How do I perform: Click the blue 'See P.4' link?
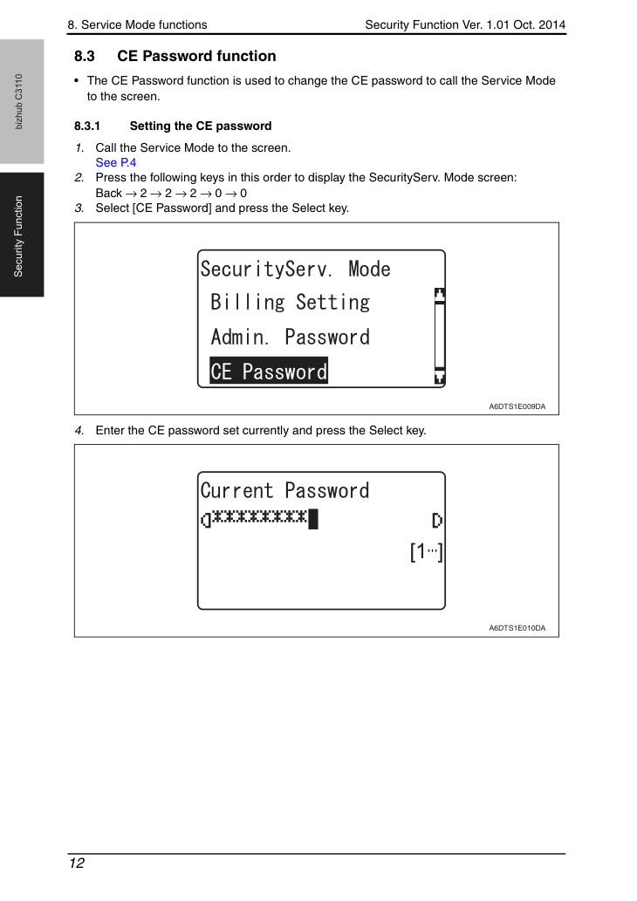pyautogui.click(x=115, y=162)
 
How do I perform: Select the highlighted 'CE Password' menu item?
pyautogui.click(x=269, y=372)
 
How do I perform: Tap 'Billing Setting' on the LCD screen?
pyautogui.click(x=291, y=303)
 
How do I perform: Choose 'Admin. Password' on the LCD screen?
pyautogui.click(x=291, y=337)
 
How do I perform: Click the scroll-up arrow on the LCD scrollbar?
pyautogui.click(x=439, y=295)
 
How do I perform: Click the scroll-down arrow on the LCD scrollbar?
pyautogui.click(x=439, y=377)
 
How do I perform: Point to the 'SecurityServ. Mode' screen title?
pyautogui.click(x=296, y=269)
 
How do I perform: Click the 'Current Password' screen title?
pyautogui.click(x=284, y=490)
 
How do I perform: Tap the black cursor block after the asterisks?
pyautogui.click(x=312, y=519)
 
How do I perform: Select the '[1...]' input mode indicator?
pyautogui.click(x=426, y=551)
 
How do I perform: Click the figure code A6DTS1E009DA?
pyautogui.click(x=517, y=406)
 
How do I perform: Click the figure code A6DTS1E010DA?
pyautogui.click(x=517, y=628)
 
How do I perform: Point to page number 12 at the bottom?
pyautogui.click(x=77, y=863)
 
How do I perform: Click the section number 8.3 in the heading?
pyautogui.click(x=85, y=57)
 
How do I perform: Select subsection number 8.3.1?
pyautogui.click(x=86, y=126)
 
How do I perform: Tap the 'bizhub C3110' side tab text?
pyautogui.click(x=19, y=101)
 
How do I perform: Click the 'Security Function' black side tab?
pyautogui.click(x=22, y=235)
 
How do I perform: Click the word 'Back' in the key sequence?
pyautogui.click(x=109, y=193)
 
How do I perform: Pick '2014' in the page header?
pyautogui.click(x=551, y=24)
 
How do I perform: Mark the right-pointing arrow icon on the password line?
pyautogui.click(x=437, y=521)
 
